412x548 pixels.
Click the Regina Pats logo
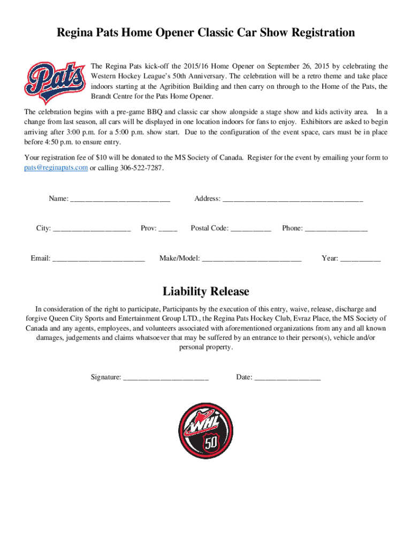(55, 81)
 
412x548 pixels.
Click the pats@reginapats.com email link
(56, 168)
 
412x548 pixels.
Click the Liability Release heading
(206, 292)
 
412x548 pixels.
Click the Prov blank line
(168, 229)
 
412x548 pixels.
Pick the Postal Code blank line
(251, 229)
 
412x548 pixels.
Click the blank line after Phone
(336, 229)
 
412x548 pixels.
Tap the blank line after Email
(98, 259)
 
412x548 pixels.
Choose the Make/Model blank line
(251, 259)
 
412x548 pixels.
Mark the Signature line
(166, 378)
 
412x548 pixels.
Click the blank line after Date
(287, 378)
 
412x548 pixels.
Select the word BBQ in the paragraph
(155, 112)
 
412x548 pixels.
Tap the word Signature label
(105, 377)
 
